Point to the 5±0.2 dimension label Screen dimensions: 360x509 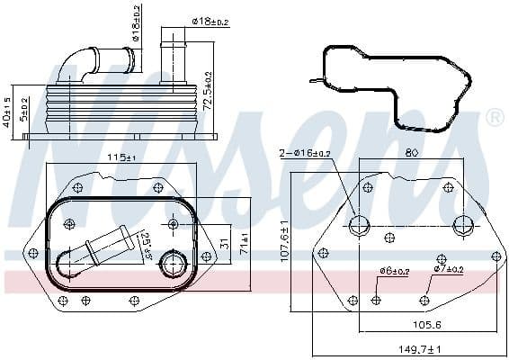[24, 112]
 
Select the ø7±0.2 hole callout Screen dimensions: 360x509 [447, 269]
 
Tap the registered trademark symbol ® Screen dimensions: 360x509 [495, 117]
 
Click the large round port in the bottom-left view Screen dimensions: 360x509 [173, 265]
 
